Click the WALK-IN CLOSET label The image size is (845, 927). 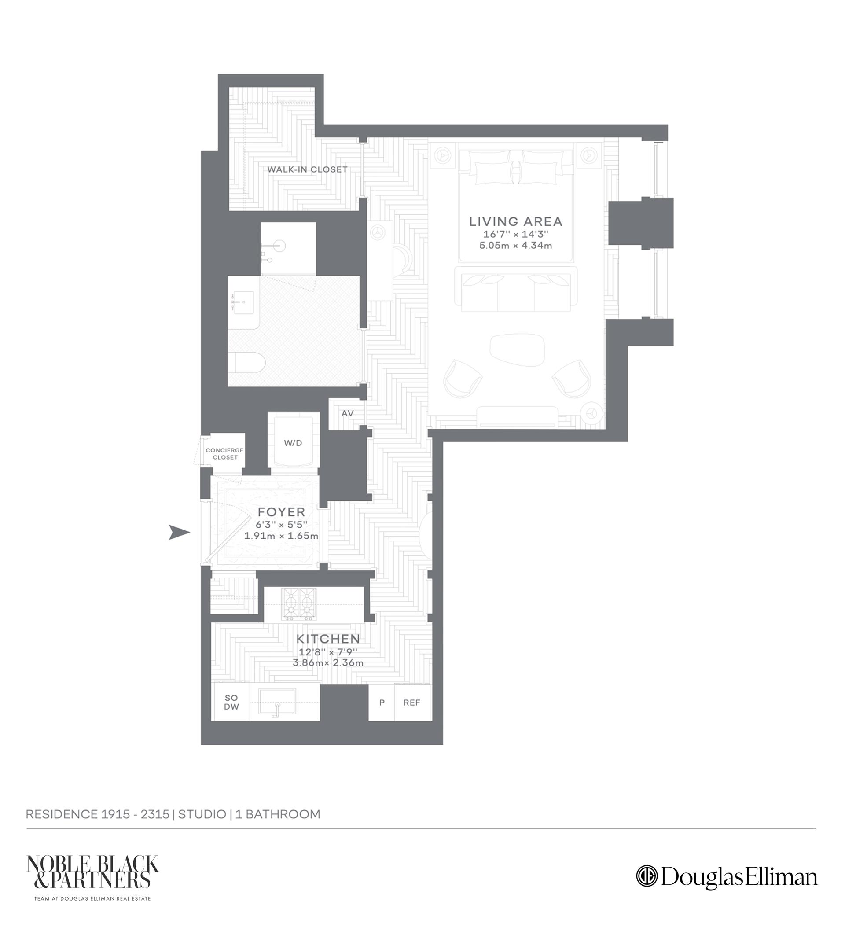307,169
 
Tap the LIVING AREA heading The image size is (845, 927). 516,222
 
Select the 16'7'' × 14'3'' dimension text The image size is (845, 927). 516,234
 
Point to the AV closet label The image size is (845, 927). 348,413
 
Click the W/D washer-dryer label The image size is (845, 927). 293,443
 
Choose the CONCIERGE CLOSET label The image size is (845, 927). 225,453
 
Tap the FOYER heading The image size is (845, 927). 281,512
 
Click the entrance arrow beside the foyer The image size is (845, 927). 179,533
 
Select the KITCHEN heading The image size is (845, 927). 328,639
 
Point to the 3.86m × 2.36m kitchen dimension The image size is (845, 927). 328,663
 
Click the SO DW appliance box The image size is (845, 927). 231,703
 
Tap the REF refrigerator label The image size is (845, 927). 411,703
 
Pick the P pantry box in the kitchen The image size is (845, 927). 382,703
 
